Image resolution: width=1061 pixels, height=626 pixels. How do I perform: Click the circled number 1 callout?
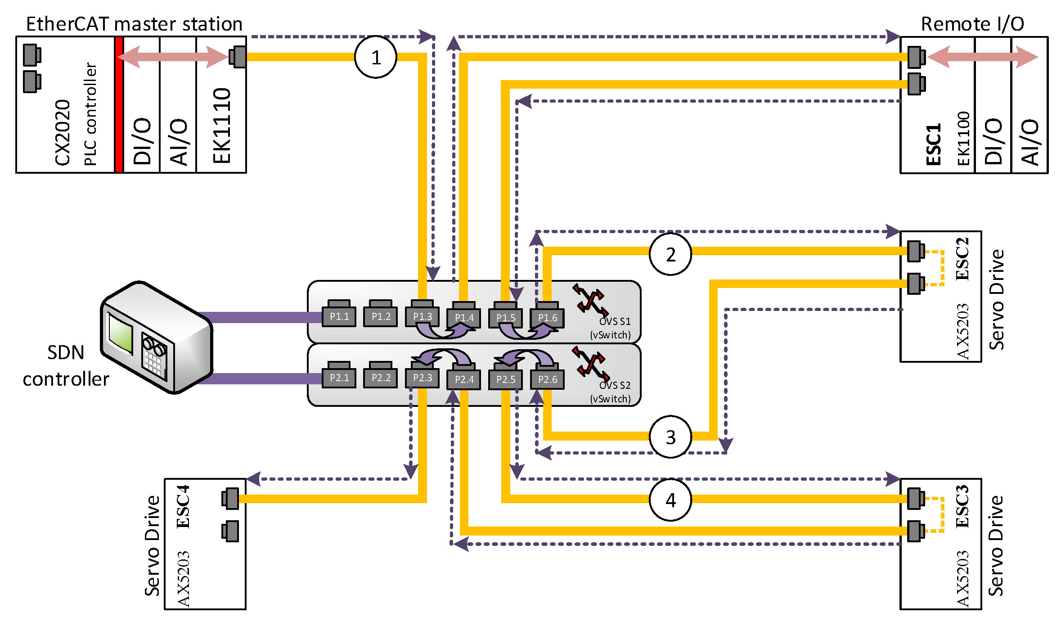click(375, 57)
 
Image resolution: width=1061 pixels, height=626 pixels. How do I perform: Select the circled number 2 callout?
click(670, 254)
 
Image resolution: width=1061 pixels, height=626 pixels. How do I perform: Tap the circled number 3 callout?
click(670, 437)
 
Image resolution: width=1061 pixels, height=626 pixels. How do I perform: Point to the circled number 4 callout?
click(670, 500)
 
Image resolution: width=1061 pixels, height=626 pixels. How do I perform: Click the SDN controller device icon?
click(157, 338)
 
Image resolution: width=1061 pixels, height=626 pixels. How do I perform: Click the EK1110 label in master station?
click(221, 126)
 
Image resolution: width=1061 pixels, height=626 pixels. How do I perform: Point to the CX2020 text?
click(63, 133)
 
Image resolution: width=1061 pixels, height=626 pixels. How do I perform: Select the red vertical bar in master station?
click(119, 104)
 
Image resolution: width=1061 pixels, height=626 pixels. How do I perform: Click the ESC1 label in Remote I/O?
click(934, 144)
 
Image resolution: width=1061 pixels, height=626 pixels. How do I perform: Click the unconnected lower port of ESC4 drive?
click(230, 531)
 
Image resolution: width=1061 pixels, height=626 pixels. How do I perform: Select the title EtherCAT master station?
click(134, 23)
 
